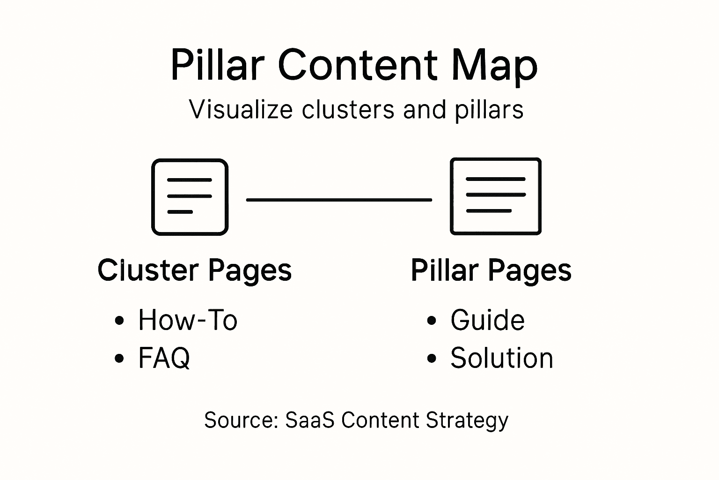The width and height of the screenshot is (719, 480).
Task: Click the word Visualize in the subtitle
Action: [241, 110]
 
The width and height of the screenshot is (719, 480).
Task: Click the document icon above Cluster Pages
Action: [190, 197]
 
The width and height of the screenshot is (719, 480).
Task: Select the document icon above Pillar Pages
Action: [495, 196]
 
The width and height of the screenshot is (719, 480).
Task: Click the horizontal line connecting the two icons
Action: [339, 200]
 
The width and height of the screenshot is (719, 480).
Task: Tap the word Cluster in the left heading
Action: [148, 270]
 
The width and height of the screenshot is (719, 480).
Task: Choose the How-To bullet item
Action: [188, 320]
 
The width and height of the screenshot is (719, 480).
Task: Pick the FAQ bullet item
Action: [164, 358]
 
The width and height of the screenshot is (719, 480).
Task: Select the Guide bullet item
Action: [487, 320]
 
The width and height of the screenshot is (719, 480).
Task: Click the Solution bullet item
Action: [501, 358]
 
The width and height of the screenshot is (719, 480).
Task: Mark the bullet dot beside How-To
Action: [119, 321]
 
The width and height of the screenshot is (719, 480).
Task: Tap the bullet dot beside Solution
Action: [432, 359]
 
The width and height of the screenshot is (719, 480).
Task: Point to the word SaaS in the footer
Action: [309, 420]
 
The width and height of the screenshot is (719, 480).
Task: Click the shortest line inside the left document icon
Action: [180, 212]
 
